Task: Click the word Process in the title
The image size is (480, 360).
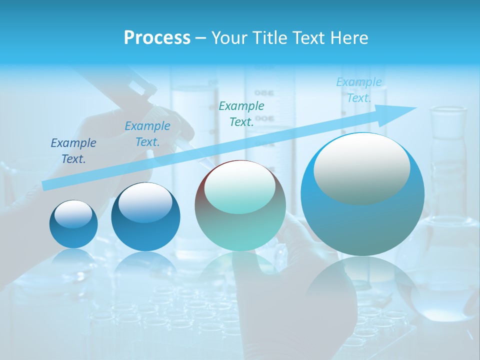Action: (x=157, y=38)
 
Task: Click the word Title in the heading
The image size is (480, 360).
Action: (x=270, y=38)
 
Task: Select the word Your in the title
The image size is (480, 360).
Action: (x=229, y=38)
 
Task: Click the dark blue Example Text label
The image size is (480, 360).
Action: (x=73, y=151)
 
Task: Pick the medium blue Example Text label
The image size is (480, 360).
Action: (x=147, y=134)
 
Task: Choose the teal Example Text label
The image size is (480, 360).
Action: (x=241, y=113)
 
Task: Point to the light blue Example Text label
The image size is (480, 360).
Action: (x=359, y=90)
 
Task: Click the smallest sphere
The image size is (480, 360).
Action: (x=73, y=224)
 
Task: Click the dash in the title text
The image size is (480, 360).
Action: (x=201, y=38)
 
